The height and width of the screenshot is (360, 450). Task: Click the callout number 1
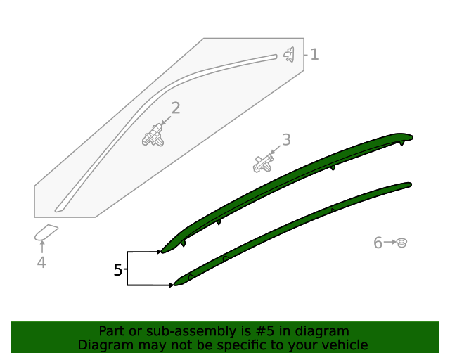(x=314, y=54)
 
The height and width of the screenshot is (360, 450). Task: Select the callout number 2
(x=176, y=108)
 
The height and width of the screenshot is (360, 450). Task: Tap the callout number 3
(x=286, y=139)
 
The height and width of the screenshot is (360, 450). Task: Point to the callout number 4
(x=41, y=262)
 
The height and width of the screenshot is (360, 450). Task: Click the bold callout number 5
(x=117, y=270)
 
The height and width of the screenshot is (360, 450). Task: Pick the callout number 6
(x=378, y=243)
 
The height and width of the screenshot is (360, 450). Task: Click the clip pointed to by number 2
(x=153, y=135)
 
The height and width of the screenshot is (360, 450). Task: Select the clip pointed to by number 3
(x=262, y=163)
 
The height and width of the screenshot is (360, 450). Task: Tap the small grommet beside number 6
(x=401, y=243)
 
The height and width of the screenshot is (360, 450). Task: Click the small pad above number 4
(x=46, y=233)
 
